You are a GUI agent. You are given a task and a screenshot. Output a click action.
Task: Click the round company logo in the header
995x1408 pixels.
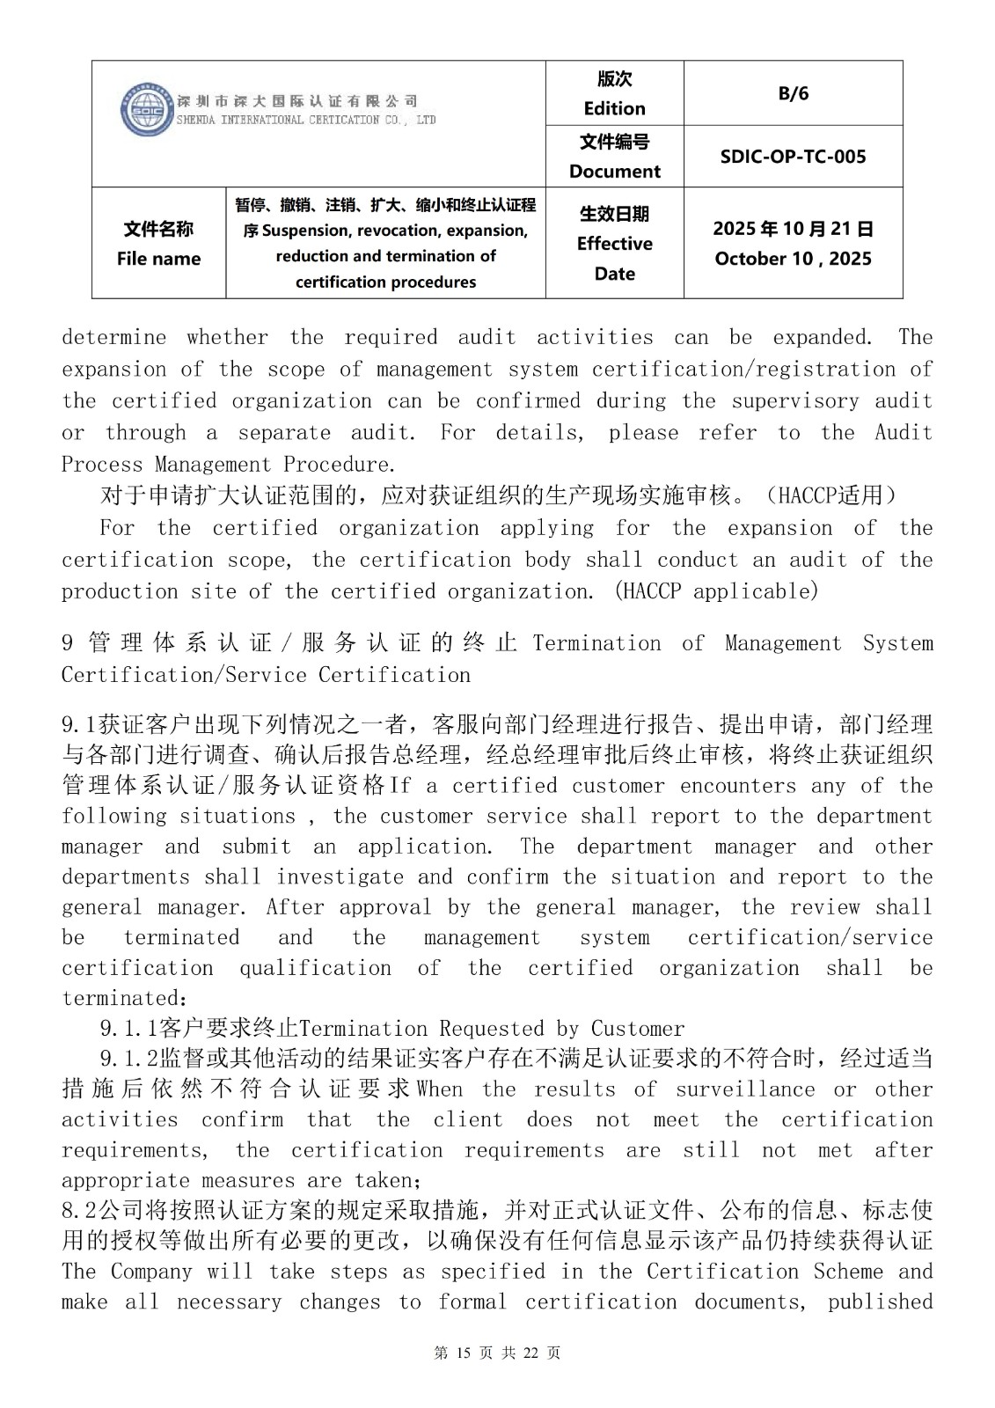coord(145,110)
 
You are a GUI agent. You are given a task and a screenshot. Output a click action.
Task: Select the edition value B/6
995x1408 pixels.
coord(793,93)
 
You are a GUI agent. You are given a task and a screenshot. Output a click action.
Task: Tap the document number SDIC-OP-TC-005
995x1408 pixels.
coord(793,157)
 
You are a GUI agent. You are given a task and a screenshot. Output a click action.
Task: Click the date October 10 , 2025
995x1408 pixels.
coord(793,259)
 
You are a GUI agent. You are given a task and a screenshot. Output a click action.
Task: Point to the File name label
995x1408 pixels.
coord(158,259)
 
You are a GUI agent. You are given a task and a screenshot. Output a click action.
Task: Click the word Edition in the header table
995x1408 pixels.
coord(614,108)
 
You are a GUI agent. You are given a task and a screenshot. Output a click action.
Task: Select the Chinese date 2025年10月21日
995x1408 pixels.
coord(793,229)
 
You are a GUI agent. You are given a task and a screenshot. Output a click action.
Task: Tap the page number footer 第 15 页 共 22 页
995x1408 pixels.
coord(497,1353)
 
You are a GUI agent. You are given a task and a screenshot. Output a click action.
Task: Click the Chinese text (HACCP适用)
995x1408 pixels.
coord(831,496)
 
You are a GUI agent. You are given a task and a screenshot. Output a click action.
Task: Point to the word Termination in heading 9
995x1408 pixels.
coord(596,643)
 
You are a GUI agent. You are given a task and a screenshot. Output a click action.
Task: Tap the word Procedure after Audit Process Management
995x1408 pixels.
coord(340,464)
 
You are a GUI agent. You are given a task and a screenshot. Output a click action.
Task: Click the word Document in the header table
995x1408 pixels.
coord(614,171)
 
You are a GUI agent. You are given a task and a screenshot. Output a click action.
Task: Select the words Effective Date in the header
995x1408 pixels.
coord(614,258)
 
